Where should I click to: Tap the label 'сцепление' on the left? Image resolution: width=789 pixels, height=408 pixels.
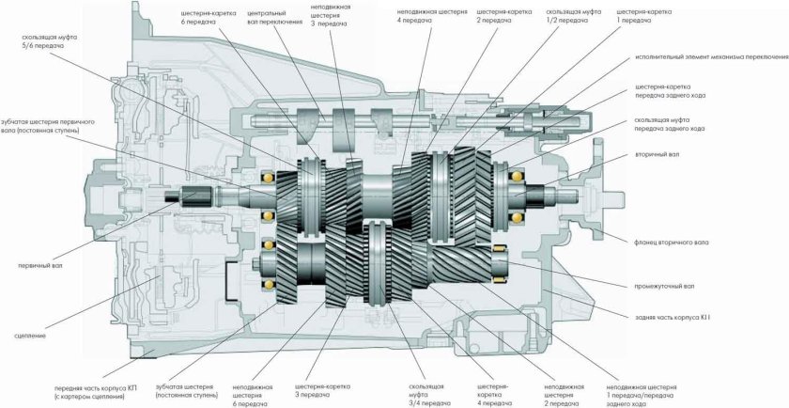[34, 334]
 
